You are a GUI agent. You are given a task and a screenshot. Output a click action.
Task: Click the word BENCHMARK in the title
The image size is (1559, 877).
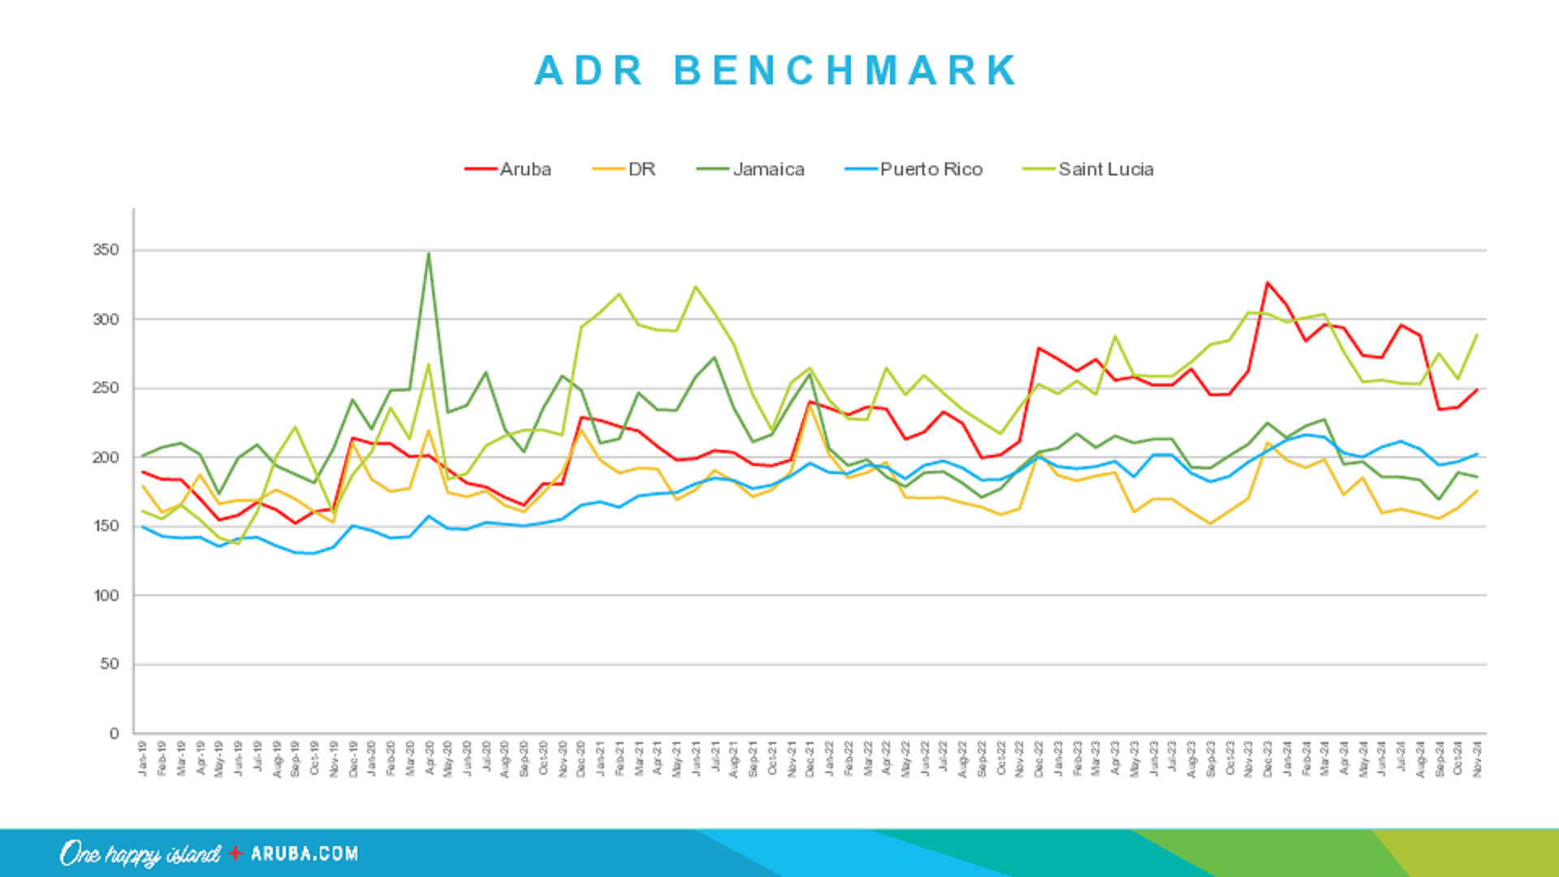point(846,71)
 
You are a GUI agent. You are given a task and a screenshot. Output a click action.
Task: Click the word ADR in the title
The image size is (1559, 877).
point(589,71)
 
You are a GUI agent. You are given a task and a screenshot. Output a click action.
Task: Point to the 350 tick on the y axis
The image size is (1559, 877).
point(106,250)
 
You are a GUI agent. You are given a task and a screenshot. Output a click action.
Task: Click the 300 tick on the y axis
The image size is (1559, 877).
point(106,319)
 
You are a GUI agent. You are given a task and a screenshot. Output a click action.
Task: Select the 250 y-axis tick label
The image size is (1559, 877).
point(106,388)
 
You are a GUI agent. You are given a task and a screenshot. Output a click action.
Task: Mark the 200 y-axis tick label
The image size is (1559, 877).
point(106,457)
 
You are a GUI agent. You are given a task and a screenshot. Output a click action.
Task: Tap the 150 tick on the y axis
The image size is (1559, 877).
point(106,526)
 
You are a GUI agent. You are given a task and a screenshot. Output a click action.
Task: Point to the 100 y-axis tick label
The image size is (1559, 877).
point(106,595)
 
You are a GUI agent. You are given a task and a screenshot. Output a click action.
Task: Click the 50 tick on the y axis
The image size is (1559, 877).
point(110,664)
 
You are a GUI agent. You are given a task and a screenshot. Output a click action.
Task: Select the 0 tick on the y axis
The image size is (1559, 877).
point(114,733)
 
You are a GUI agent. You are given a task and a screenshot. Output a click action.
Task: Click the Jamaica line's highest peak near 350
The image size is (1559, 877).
point(429,254)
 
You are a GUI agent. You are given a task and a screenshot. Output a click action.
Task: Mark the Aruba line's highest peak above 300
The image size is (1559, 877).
point(1267,283)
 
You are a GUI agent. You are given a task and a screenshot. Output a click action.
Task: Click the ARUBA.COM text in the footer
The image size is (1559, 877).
point(304,853)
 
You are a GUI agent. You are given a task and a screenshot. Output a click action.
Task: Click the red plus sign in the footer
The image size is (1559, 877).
point(235,853)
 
